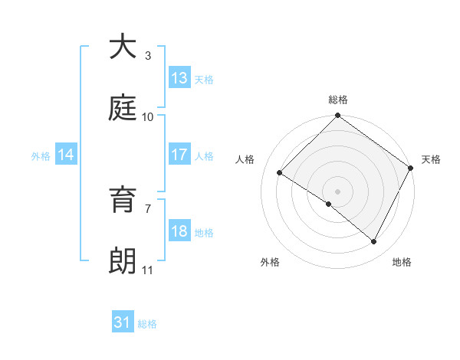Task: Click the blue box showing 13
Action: tap(179, 78)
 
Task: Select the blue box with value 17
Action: tap(179, 155)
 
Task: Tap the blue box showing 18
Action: tap(179, 231)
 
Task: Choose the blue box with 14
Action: tap(66, 155)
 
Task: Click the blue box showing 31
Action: tap(123, 323)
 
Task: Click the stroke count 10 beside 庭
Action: tap(148, 117)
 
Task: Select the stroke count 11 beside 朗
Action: tap(148, 270)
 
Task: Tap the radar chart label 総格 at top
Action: tap(338, 100)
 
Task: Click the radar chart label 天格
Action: tap(431, 159)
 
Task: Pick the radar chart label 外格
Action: tap(270, 262)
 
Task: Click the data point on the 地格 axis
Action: tap(374, 241)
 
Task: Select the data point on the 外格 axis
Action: tap(329, 204)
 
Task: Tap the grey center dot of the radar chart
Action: tap(338, 191)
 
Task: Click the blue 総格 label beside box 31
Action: tap(147, 324)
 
